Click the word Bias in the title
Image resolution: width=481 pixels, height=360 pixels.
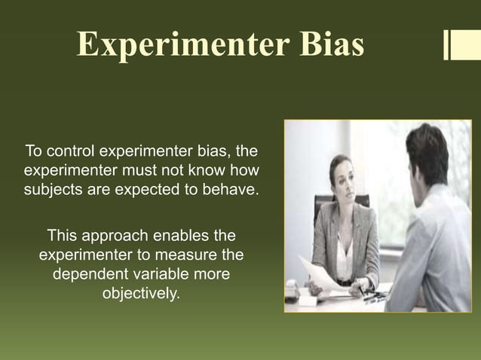click(x=322, y=44)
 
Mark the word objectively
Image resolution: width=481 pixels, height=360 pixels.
click(x=141, y=292)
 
